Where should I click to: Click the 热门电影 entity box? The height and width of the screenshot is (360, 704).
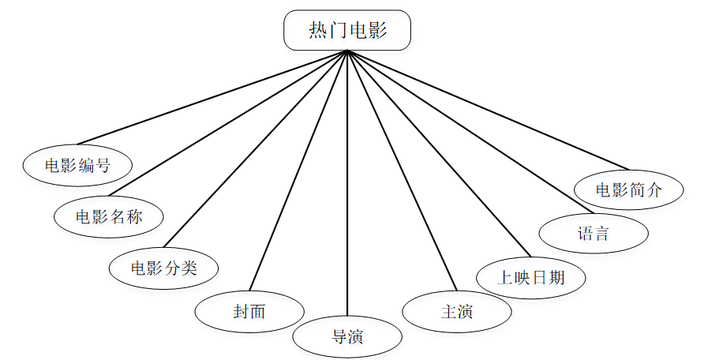tap(347, 31)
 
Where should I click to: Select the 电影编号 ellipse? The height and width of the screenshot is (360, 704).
tap(77, 166)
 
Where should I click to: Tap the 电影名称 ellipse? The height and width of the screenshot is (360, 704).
tap(109, 216)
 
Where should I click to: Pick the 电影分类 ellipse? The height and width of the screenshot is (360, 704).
tap(163, 267)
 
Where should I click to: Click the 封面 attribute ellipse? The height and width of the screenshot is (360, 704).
tap(249, 311)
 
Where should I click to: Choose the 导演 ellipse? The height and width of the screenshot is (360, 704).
tap(347, 337)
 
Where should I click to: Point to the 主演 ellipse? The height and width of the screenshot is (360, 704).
tap(456, 311)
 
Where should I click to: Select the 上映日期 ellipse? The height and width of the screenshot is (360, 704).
tap(531, 277)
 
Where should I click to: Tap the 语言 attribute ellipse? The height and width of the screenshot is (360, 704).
tap(593, 234)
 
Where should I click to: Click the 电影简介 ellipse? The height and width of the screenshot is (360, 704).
tap(628, 190)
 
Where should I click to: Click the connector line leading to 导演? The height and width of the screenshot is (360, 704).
tap(347, 182)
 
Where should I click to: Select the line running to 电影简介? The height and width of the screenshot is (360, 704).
tap(488, 110)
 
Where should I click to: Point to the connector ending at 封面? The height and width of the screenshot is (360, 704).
tap(298, 171)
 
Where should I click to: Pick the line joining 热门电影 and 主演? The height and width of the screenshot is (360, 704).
tap(402, 171)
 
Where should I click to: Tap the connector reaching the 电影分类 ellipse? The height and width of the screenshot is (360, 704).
tap(255, 148)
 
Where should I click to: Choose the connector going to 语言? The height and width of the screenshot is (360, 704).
tap(470, 132)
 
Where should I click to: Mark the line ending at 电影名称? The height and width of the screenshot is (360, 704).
tap(228, 123)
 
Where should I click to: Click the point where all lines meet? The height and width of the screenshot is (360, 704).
tap(347, 51)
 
